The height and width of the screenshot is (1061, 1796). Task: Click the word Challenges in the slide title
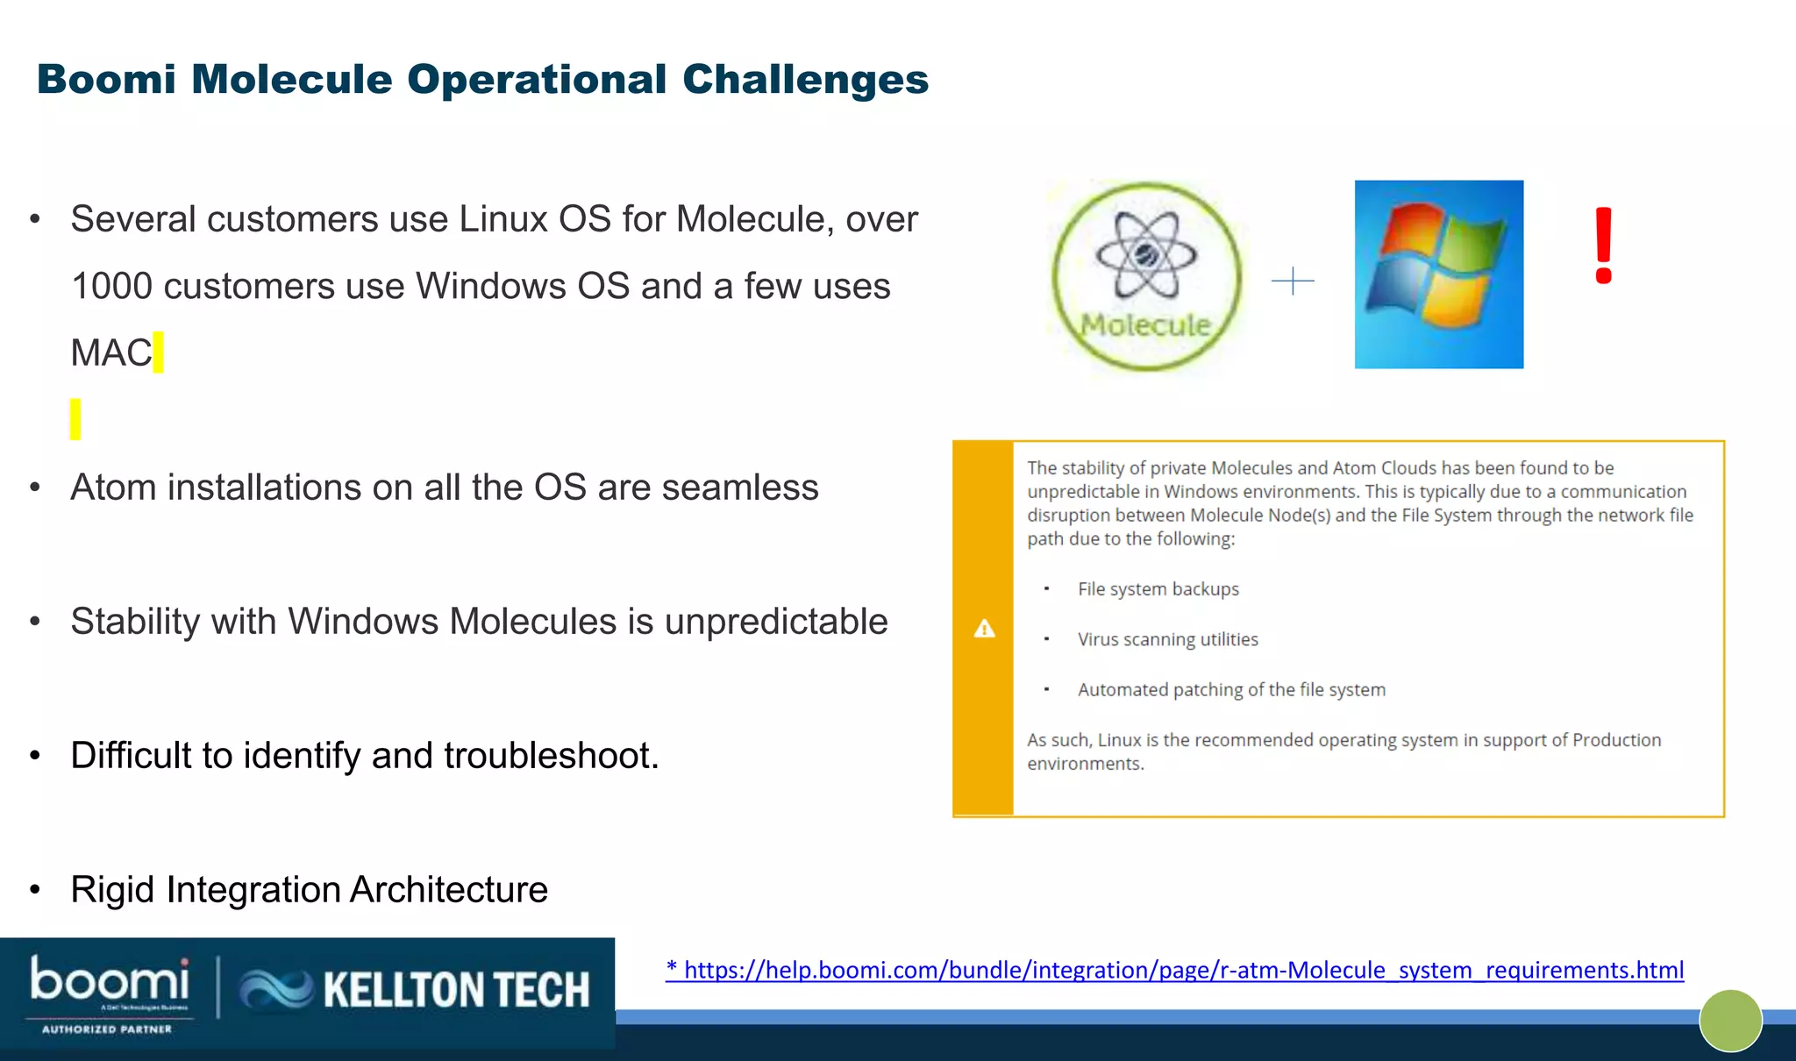pos(804,80)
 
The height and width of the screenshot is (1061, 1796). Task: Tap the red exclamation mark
pos(1603,246)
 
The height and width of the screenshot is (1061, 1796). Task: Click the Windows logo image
pos(1438,274)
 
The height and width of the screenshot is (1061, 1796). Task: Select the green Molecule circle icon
pos(1146,276)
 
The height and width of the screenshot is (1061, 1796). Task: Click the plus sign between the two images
pos(1293,281)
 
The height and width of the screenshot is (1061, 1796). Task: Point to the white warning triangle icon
pos(984,629)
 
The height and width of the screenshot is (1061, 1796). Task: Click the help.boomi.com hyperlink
pos(1175,970)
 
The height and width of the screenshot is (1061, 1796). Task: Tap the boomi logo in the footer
pos(110,980)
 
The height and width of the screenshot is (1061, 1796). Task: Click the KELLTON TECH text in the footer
pos(456,990)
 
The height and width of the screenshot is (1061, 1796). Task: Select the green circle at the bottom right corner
pos(1730,1021)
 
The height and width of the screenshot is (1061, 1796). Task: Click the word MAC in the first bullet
pos(111,353)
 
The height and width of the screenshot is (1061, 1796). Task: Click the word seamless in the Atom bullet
pos(739,488)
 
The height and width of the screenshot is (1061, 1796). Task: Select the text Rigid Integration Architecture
pos(309,890)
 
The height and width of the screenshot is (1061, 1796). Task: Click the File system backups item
pos(1158,589)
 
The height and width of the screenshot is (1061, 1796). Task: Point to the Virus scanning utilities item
pos(1167,640)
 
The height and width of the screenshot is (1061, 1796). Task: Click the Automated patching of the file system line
pos(1231,690)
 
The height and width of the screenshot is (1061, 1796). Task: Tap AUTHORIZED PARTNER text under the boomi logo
pos(106,1029)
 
